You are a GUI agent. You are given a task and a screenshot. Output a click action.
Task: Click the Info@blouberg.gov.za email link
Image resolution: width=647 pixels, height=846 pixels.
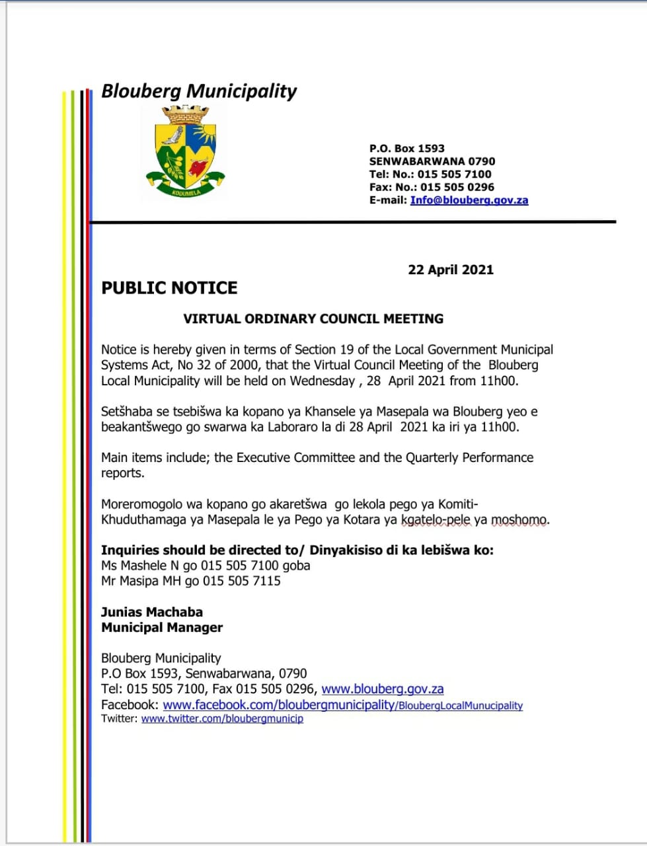point(469,200)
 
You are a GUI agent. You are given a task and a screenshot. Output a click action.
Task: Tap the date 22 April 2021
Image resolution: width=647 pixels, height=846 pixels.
point(451,270)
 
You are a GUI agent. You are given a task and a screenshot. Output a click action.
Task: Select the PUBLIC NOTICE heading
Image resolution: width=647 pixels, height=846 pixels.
point(169,288)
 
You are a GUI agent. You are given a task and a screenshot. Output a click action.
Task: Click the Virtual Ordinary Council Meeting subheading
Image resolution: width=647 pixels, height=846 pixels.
point(313,319)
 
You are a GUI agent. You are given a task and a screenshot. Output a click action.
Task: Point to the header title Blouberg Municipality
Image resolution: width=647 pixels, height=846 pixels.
point(199,91)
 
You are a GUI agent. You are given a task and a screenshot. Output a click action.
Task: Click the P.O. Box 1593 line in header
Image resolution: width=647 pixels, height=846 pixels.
point(406,149)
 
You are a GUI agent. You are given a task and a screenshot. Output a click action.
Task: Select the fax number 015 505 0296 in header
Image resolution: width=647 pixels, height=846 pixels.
point(457,187)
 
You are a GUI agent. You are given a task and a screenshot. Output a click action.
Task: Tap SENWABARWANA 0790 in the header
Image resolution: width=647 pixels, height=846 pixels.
point(432,161)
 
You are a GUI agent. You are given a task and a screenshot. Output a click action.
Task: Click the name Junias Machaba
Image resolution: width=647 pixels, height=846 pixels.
point(152,612)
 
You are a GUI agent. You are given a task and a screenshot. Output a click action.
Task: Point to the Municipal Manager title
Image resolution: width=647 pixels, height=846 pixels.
point(162,627)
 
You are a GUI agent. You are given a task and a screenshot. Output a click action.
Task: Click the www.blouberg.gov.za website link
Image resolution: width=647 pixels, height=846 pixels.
point(382,689)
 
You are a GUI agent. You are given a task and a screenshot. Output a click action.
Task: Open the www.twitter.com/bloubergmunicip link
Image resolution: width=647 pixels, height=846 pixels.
point(222,718)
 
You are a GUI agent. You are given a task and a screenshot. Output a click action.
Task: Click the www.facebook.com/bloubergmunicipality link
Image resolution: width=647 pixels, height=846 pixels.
point(278,705)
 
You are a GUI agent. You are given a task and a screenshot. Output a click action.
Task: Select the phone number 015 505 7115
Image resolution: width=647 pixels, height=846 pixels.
point(241,581)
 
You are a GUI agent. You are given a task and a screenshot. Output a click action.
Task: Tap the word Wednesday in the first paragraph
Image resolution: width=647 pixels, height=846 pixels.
point(322,381)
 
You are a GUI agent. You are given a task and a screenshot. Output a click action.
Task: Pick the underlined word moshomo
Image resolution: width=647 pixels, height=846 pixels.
point(519,519)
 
